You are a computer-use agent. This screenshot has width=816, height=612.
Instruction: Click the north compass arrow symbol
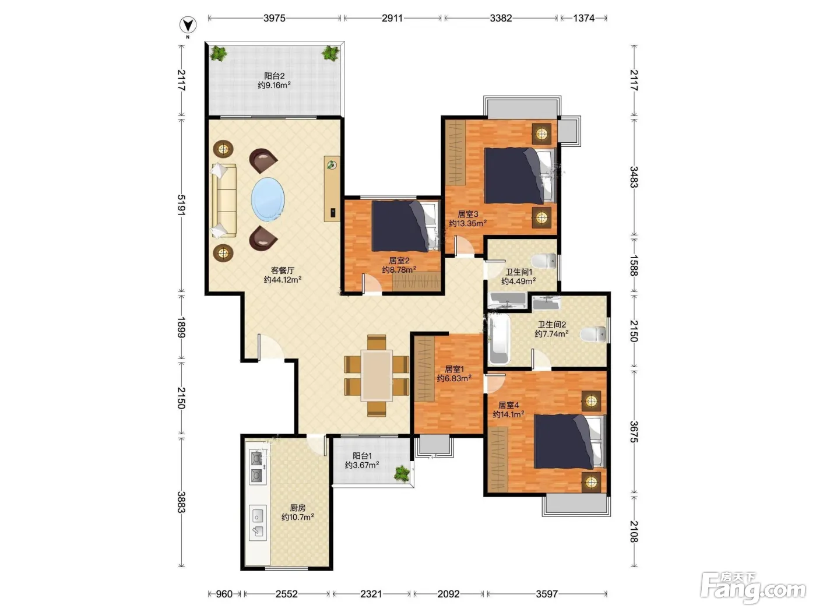188,25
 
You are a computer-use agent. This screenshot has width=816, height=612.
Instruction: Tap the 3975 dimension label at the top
275,18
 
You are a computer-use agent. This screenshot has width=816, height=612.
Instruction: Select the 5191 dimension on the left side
181,205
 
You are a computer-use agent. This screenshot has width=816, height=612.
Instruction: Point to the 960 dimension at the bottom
224,594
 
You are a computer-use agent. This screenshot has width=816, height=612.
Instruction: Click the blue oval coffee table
268,199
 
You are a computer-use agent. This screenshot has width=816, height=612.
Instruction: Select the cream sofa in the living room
224,201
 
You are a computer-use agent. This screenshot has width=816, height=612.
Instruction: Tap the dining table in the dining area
377,375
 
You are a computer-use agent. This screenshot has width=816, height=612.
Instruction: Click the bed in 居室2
406,226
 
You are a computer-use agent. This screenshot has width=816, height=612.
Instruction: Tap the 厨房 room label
298,508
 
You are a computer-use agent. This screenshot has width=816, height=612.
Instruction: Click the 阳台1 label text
362,456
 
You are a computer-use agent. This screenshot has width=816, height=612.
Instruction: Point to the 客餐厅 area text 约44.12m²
283,279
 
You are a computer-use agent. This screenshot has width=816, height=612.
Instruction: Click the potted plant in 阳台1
402,473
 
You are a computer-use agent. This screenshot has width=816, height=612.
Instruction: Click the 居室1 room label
454,369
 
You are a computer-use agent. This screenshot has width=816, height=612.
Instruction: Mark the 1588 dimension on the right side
634,265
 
